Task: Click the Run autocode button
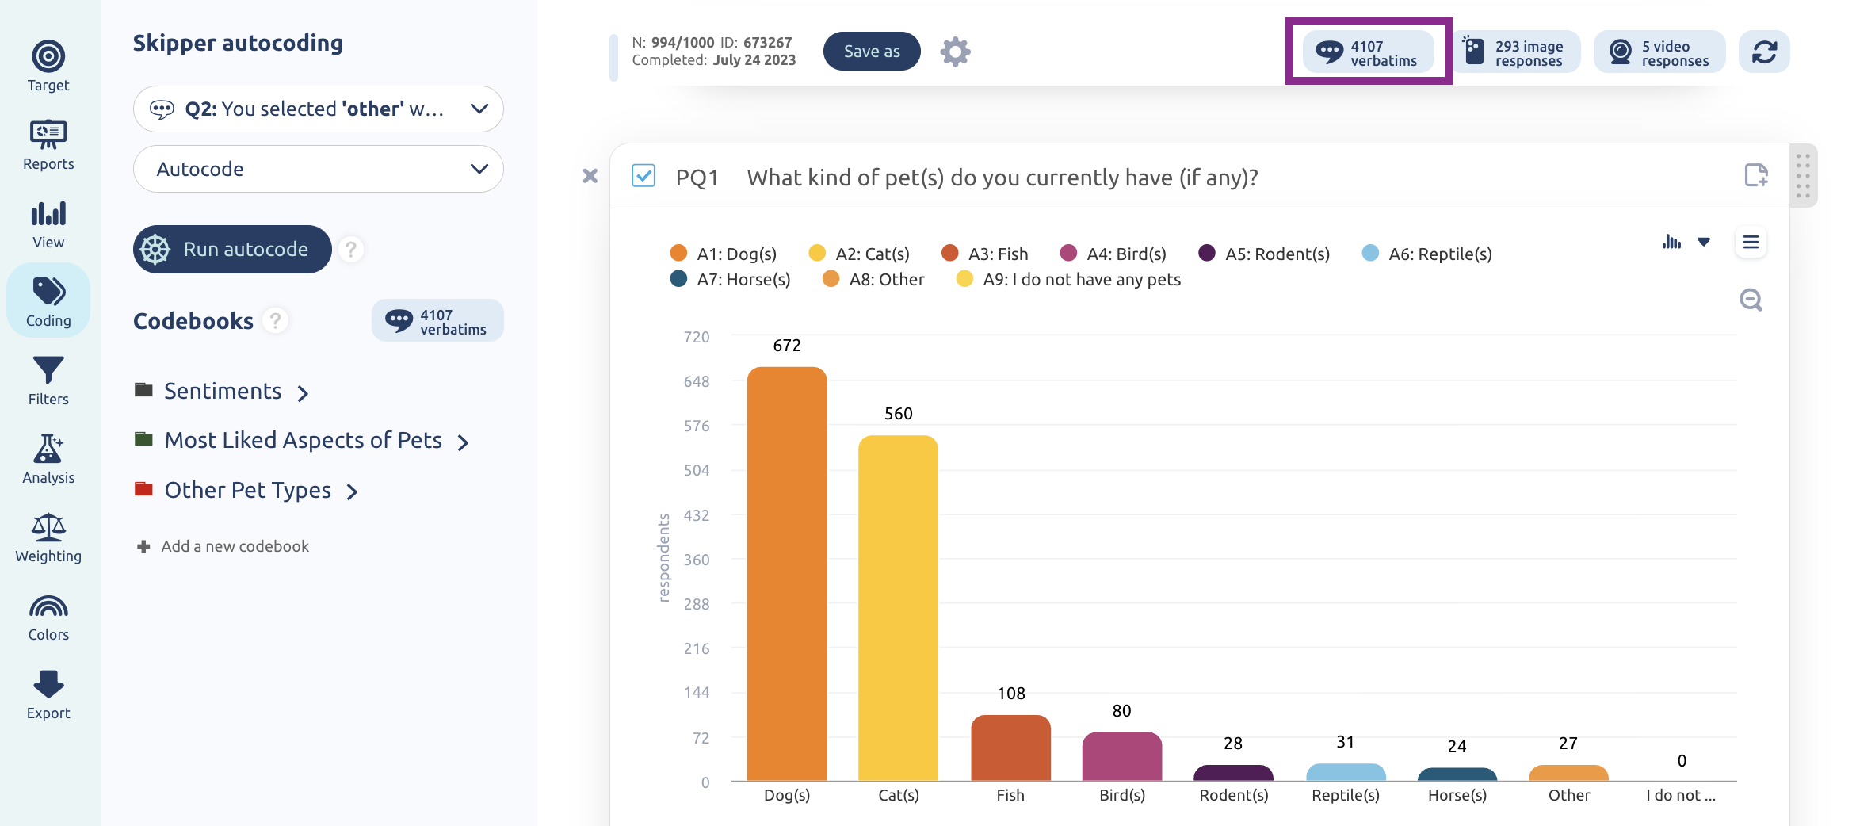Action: tap(232, 249)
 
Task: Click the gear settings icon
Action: tap(955, 52)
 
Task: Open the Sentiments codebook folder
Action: tap(222, 392)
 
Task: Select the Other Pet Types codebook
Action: tap(246, 491)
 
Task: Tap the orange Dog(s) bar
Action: tap(787, 574)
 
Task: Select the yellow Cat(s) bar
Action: tap(898, 608)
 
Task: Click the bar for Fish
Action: tap(1010, 748)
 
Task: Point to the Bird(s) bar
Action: tap(1122, 757)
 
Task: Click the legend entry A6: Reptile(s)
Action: tap(1426, 254)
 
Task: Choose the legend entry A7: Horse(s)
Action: tap(730, 279)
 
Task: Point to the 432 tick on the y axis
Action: tap(697, 515)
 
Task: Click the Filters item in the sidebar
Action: tap(48, 380)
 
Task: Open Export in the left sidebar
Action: tap(48, 694)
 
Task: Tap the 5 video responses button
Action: tap(1659, 52)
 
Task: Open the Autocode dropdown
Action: tap(319, 169)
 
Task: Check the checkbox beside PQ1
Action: tap(643, 175)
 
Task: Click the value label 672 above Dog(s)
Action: tap(787, 346)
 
